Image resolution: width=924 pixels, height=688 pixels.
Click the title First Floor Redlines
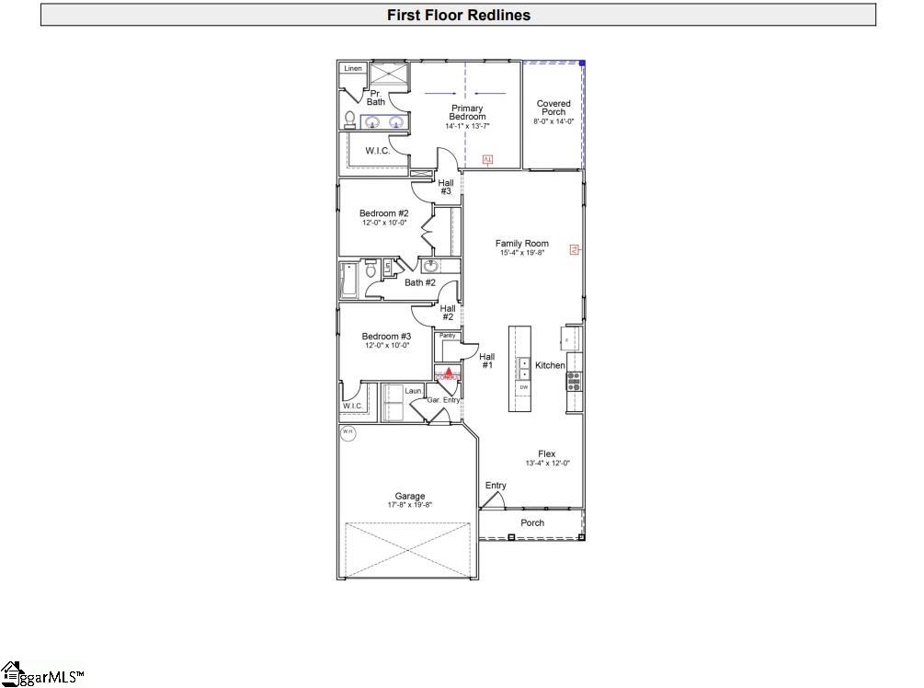pyautogui.click(x=458, y=15)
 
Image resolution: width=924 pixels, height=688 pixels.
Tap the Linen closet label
pyautogui.click(x=353, y=69)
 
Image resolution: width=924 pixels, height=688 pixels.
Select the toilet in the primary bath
pyautogui.click(x=350, y=119)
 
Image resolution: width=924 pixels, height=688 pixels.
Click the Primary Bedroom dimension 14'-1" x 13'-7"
pyautogui.click(x=467, y=126)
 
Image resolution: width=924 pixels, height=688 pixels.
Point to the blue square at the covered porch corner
pyautogui.click(x=582, y=63)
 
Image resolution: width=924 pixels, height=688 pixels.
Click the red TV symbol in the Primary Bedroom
pyautogui.click(x=488, y=160)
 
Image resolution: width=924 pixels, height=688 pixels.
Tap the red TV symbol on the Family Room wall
pyautogui.click(x=575, y=249)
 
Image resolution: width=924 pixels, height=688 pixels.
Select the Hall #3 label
pyautogui.click(x=445, y=187)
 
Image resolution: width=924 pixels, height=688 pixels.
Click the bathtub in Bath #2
pyautogui.click(x=349, y=280)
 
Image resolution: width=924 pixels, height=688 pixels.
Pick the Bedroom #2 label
pyautogui.click(x=383, y=213)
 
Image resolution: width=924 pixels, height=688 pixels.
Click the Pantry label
pyautogui.click(x=448, y=336)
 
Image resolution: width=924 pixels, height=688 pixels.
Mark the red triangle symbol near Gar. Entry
pyautogui.click(x=448, y=373)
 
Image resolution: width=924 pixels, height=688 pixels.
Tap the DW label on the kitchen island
pyautogui.click(x=524, y=387)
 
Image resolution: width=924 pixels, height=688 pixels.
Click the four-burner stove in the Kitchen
pyautogui.click(x=573, y=380)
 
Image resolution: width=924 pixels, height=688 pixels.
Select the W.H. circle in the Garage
pyautogui.click(x=348, y=433)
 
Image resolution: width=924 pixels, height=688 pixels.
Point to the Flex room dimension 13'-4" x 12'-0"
pyautogui.click(x=547, y=464)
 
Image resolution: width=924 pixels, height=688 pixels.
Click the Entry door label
pyautogui.click(x=496, y=486)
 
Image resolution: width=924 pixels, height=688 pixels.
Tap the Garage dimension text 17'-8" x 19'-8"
pyautogui.click(x=409, y=505)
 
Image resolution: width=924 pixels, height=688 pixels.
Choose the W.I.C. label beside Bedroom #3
pyautogui.click(x=353, y=406)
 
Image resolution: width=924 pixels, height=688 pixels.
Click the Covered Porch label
pyautogui.click(x=553, y=109)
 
